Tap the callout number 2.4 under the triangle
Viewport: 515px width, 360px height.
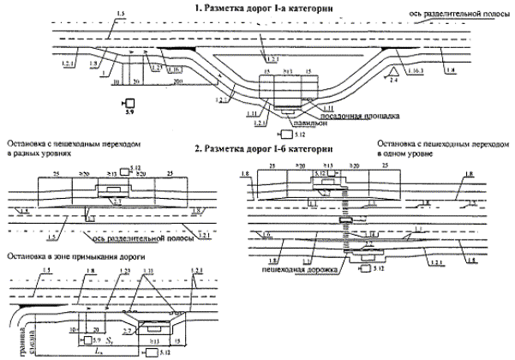pyautogui.click(x=393, y=79)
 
